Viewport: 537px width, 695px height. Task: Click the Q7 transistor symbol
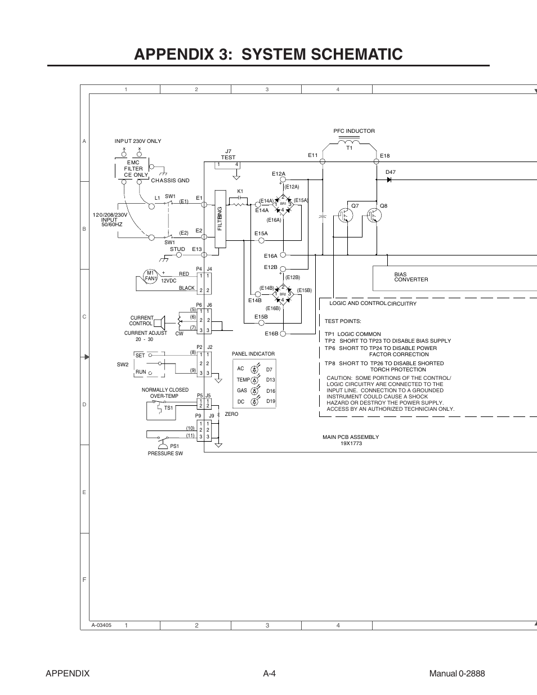click(x=344, y=215)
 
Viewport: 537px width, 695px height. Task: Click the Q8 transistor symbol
click(x=373, y=215)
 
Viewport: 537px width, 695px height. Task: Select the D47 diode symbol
click(x=389, y=180)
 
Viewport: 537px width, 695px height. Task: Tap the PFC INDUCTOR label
click(x=353, y=131)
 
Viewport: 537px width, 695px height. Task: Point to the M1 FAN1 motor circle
click(x=150, y=276)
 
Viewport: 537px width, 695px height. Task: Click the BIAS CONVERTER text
click(x=411, y=277)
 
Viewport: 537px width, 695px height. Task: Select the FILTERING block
click(x=220, y=218)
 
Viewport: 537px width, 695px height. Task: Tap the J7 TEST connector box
click(x=228, y=165)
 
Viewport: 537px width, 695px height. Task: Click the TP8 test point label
click(x=330, y=364)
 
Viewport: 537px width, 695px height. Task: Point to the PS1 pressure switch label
click(x=174, y=446)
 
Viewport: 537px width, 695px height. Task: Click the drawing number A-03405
click(x=101, y=625)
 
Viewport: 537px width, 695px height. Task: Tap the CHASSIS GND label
click(x=170, y=181)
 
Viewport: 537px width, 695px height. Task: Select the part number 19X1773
click(x=351, y=443)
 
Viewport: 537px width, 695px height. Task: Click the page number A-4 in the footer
click(x=268, y=674)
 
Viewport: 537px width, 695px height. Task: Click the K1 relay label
click(x=240, y=191)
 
